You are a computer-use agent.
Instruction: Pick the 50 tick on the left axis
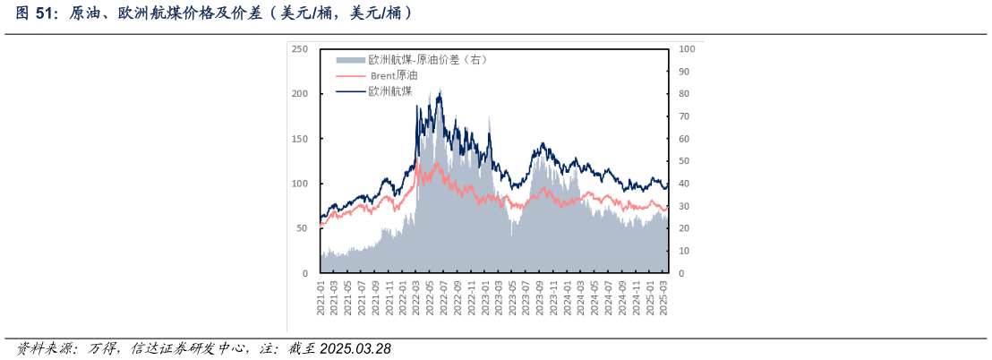coord(303,228)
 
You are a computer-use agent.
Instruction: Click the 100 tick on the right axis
coord(685,49)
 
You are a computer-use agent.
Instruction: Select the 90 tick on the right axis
coord(683,72)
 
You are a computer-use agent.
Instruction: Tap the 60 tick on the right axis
coord(683,139)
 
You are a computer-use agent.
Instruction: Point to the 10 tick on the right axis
coord(683,251)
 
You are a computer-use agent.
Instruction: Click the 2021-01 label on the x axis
coord(321,296)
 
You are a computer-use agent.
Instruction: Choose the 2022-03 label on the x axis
coord(417,296)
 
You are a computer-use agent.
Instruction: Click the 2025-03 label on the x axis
coord(663,296)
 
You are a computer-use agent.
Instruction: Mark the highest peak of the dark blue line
coord(440,90)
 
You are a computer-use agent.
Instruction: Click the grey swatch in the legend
coord(351,60)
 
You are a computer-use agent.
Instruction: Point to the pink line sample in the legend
coord(351,75)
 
